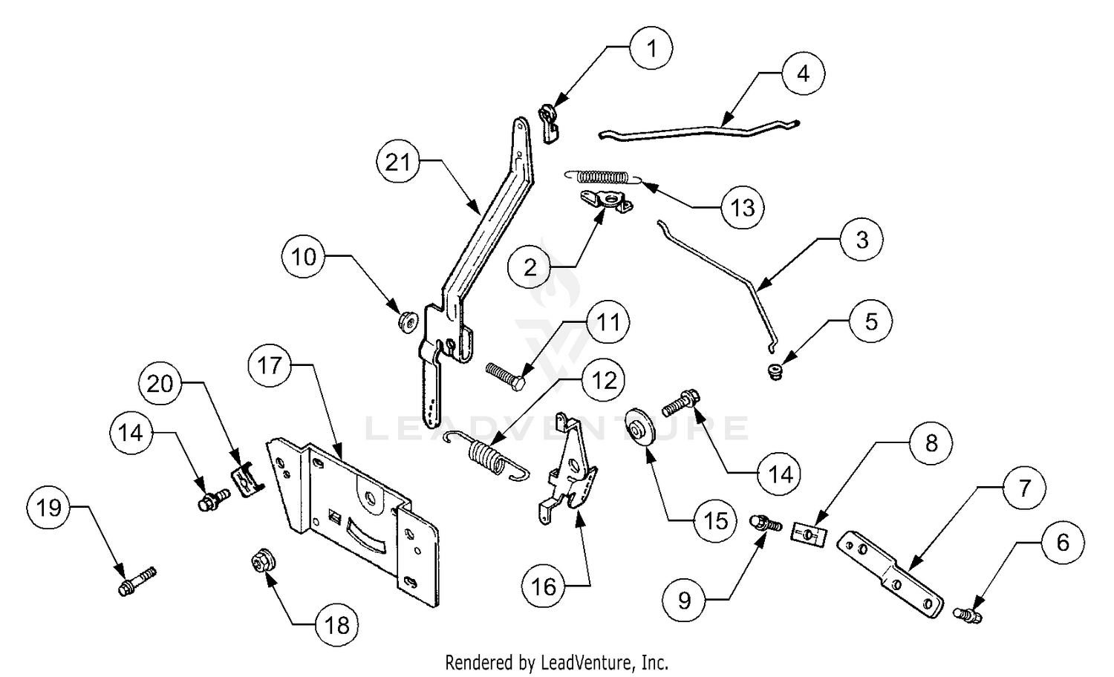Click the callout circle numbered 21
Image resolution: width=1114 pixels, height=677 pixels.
point(398,162)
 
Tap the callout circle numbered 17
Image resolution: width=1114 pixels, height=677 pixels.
point(270,366)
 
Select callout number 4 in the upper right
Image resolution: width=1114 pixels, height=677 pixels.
point(803,73)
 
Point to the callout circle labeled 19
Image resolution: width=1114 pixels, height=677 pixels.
point(49,508)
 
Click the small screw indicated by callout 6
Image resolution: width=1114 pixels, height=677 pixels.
point(968,615)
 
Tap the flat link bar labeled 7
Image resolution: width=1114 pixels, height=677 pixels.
point(890,575)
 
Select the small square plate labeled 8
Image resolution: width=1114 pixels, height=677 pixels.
point(809,534)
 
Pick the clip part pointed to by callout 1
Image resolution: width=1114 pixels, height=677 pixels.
point(549,123)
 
